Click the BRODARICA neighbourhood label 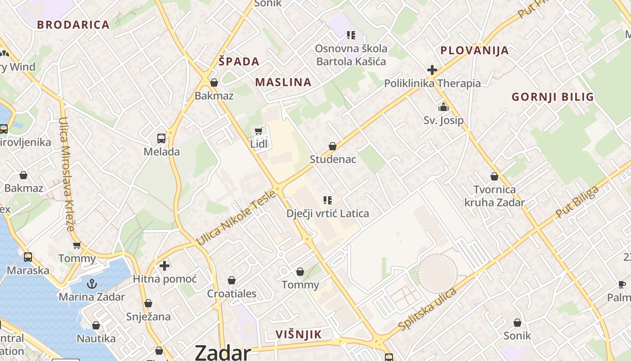tap(73, 25)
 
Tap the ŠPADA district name tap(239, 62)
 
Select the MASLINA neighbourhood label tap(283, 82)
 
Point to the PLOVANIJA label tap(475, 50)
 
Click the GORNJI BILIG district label tap(553, 97)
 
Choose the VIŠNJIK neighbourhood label tap(299, 334)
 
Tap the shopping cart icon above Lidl tap(258, 131)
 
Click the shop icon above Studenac tap(333, 146)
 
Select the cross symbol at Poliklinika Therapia tap(432, 70)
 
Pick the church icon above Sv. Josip tap(444, 107)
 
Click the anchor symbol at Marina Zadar tap(92, 284)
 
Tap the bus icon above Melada tap(161, 139)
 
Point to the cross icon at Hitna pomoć tap(165, 266)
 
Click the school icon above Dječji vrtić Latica tap(328, 200)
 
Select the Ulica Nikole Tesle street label tap(237, 218)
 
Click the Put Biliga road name tap(577, 202)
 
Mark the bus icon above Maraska tap(28, 257)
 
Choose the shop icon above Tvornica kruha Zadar tap(494, 176)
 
